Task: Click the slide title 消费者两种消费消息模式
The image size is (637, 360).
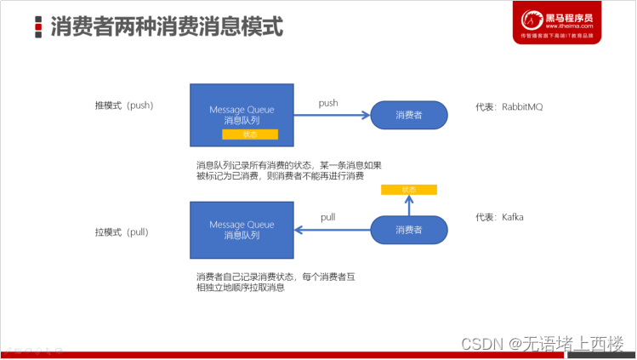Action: point(167,26)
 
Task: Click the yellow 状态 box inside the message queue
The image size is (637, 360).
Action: point(250,134)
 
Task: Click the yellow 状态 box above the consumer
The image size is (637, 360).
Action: point(408,189)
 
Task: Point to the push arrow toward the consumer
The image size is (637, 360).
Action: point(331,114)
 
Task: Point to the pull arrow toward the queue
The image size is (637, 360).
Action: point(331,229)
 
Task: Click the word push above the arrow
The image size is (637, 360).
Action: point(328,103)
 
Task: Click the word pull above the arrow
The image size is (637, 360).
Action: point(327,217)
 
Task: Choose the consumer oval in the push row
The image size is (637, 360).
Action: point(408,115)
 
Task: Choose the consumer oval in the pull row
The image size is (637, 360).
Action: point(408,230)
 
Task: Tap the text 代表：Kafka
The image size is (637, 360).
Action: point(499,218)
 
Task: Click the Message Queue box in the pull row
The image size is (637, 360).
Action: point(242,229)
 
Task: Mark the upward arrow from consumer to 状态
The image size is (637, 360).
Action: point(408,204)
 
